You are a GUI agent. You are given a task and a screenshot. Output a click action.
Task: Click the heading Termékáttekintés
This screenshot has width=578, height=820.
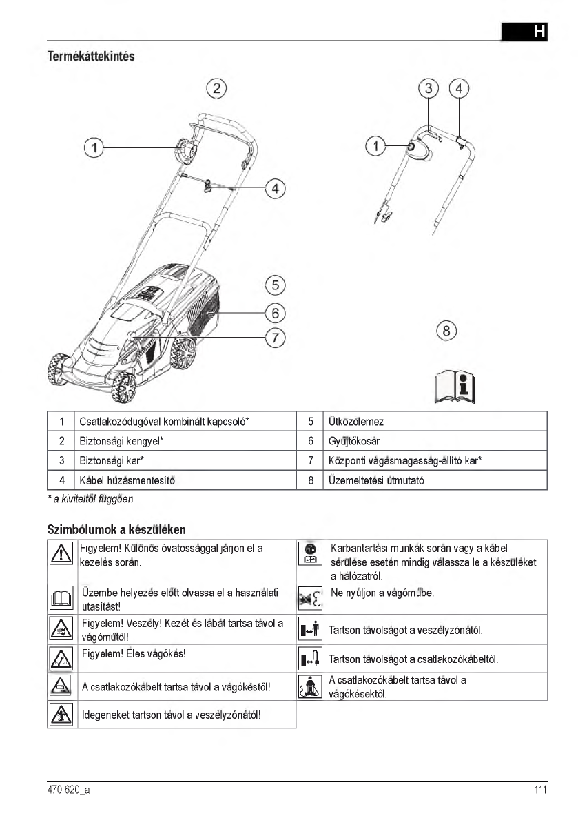(x=90, y=57)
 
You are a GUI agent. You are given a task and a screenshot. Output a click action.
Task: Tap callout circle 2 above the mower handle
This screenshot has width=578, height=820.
(x=216, y=88)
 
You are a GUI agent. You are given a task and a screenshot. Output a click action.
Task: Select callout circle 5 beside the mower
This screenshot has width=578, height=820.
(x=275, y=284)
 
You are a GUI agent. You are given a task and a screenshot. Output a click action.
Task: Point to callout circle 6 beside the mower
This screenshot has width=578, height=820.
(x=275, y=312)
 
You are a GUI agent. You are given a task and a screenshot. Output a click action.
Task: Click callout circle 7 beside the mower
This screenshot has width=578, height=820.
(x=275, y=338)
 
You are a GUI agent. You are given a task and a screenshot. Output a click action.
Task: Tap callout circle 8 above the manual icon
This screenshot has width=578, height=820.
(x=446, y=331)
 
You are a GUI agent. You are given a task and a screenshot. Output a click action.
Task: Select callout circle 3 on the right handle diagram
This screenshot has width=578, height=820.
(x=429, y=88)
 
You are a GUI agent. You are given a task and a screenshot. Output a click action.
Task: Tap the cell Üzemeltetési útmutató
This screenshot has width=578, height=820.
(x=376, y=480)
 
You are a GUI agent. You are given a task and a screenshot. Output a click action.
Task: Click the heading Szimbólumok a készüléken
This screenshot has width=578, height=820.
(x=116, y=529)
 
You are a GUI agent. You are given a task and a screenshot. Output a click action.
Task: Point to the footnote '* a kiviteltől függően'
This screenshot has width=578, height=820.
(x=90, y=498)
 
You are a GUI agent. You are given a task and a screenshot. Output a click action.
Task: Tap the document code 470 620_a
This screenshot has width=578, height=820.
(x=63, y=790)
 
